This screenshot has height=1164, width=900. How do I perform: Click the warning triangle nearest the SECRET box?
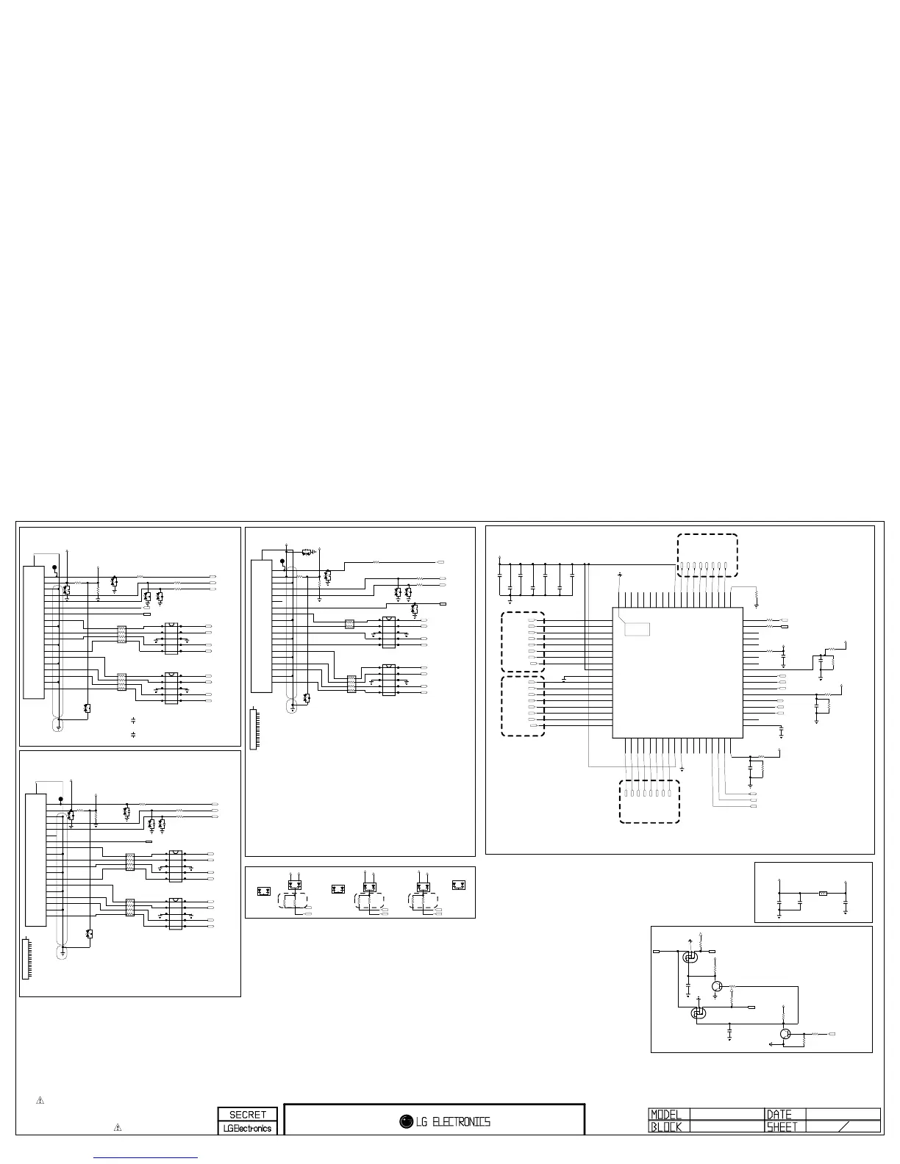(118, 1127)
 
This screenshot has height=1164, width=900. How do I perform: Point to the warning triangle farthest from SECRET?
(40, 1100)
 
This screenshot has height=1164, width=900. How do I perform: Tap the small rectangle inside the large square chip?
(637, 630)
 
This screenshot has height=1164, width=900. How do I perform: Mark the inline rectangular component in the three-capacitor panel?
(824, 894)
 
